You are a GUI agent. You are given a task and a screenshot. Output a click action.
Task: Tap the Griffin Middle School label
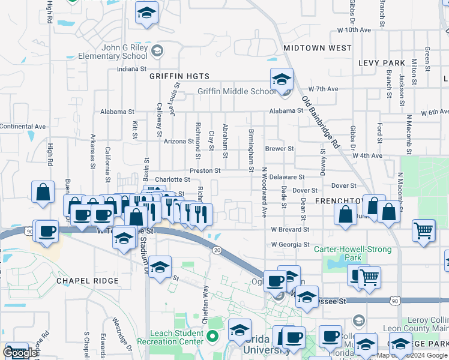[237, 92]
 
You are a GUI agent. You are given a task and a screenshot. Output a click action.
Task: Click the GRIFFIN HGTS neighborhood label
[179, 76]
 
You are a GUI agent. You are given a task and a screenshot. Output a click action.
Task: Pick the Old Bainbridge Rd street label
[321, 123]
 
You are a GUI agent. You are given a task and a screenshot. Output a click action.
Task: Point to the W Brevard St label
[289, 229]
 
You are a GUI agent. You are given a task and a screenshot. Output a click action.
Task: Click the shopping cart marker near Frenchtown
[423, 230]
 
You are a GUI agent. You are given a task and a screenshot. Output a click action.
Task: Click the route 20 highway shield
[215, 250]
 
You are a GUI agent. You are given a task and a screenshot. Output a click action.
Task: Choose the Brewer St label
[279, 148]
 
